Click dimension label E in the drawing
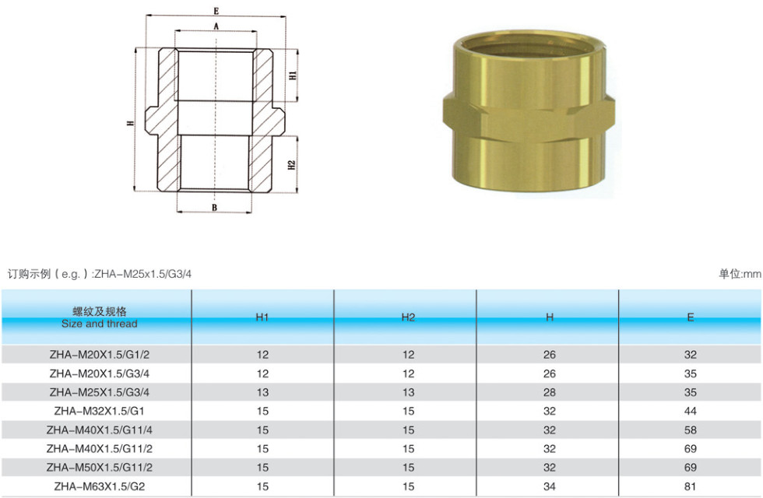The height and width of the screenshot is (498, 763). (x=216, y=11)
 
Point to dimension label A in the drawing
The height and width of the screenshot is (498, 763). (x=216, y=26)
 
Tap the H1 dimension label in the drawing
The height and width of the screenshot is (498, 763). (x=293, y=75)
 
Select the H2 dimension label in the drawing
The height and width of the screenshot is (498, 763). (x=292, y=165)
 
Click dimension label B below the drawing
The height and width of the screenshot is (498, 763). (x=214, y=208)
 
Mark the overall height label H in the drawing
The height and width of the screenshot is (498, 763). (x=130, y=123)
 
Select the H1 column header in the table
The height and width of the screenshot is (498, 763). (x=262, y=317)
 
